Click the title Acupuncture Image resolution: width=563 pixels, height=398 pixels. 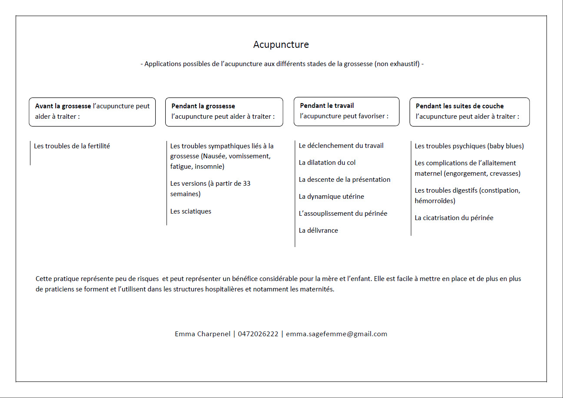tap(281, 44)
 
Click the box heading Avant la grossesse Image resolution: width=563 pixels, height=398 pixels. tap(63, 106)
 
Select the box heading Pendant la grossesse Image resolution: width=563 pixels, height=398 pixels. tap(203, 106)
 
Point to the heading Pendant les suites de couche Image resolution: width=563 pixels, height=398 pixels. tap(460, 106)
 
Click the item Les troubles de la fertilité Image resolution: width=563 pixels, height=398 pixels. tap(72, 146)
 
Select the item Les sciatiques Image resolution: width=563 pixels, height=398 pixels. tap(190, 211)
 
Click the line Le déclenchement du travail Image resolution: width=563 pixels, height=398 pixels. tap(341, 146)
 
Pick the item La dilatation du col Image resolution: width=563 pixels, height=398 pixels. tap(327, 163)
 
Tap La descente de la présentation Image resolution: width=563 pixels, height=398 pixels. tap(344, 180)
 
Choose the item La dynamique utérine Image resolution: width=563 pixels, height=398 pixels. tap(331, 197)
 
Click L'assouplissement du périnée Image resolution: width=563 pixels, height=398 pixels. tap(343, 214)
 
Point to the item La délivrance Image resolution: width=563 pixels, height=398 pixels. tap(318, 231)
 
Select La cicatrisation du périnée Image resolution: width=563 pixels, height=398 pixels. tap(454, 218)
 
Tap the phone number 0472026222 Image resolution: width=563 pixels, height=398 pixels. tap(258, 334)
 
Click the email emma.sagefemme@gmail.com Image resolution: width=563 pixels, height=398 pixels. tap(336, 334)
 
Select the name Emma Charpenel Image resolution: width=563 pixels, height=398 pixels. tap(203, 334)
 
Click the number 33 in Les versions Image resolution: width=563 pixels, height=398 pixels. tap(247, 184)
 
